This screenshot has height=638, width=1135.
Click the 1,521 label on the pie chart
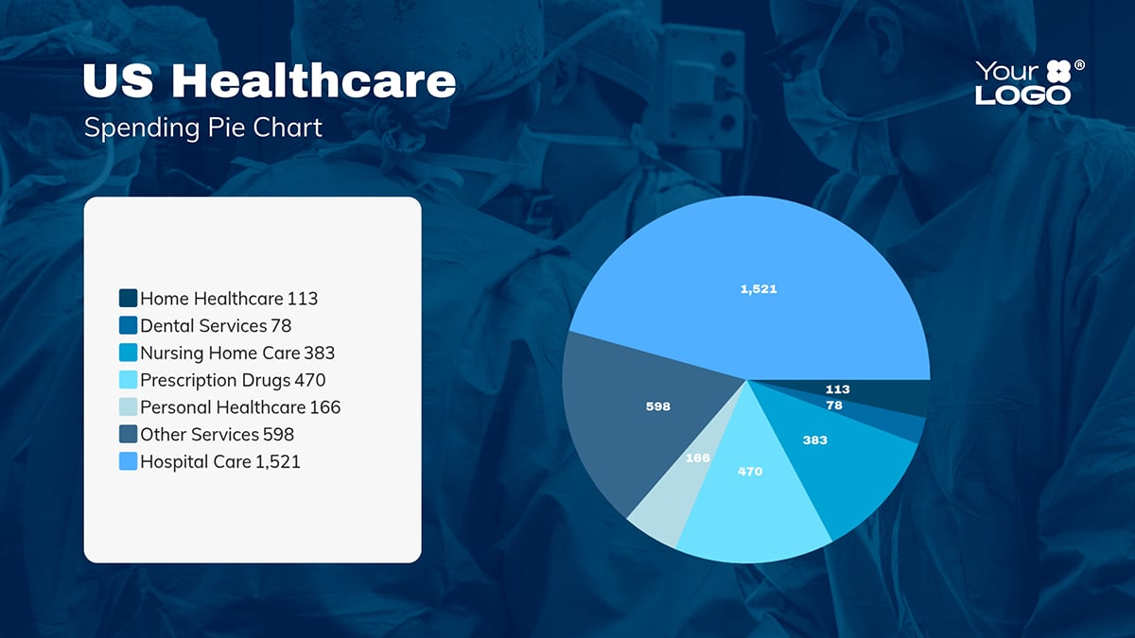click(759, 289)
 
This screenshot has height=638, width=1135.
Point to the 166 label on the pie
click(698, 458)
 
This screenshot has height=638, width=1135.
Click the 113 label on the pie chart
click(837, 389)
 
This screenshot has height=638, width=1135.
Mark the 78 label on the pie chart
click(834, 405)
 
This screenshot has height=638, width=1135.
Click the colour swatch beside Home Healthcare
click(129, 299)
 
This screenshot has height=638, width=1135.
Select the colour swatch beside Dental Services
click(129, 326)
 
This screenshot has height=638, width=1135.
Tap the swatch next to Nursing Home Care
click(129, 353)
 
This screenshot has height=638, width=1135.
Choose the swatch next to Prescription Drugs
click(129, 380)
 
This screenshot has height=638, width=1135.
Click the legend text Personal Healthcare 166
click(240, 407)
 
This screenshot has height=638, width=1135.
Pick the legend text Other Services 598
click(217, 435)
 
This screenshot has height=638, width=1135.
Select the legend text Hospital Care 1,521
click(220, 462)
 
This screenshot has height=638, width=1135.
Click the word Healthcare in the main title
click(314, 81)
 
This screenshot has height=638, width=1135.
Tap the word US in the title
click(118, 81)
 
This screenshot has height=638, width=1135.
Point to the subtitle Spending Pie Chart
click(203, 128)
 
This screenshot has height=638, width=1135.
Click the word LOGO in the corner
click(1022, 95)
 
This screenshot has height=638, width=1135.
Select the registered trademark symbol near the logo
click(1080, 65)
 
